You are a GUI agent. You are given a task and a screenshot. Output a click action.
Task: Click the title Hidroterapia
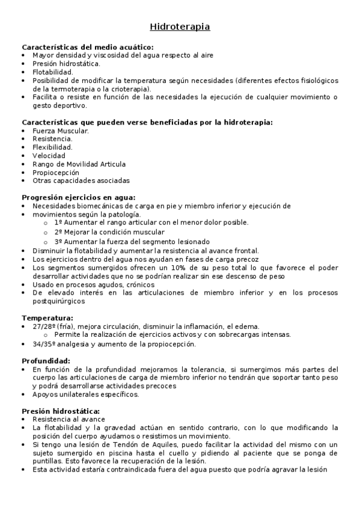[x=180, y=27]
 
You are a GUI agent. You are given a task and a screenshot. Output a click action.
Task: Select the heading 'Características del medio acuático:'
[x=87, y=47]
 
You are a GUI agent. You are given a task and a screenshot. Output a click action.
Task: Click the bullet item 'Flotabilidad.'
[x=53, y=72]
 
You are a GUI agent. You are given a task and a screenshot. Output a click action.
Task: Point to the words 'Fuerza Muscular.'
[x=61, y=131]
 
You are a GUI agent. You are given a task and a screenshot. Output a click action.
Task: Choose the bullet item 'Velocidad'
[x=49, y=156]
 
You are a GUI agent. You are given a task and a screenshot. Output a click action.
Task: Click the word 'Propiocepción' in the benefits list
[x=56, y=172]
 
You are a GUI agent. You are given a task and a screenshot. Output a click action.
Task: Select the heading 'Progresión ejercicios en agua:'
[x=79, y=197]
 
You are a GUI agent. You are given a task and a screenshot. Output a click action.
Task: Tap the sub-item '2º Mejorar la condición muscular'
[x=109, y=232]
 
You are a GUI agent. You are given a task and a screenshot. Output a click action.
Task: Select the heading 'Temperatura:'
[x=47, y=318]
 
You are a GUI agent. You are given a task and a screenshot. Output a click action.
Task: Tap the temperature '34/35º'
[x=44, y=345]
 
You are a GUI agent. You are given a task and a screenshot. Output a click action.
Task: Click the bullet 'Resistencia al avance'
[x=69, y=419]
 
